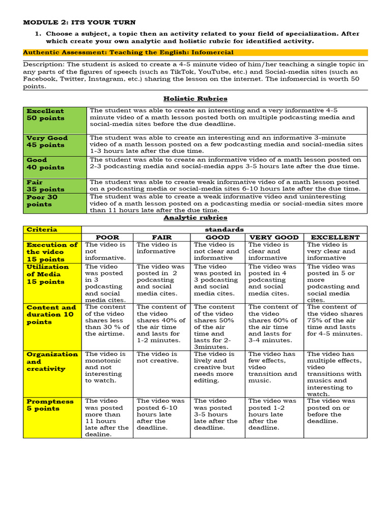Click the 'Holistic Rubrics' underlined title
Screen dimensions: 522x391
click(x=195, y=98)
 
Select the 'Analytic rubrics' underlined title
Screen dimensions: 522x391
click(x=195, y=218)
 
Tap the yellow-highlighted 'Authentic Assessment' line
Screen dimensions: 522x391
click(x=128, y=52)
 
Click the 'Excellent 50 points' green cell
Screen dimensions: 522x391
click(x=55, y=120)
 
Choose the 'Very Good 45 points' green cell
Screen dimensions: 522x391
click(x=55, y=145)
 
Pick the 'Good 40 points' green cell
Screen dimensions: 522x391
click(x=55, y=167)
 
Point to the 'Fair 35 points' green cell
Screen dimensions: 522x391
click(x=55, y=186)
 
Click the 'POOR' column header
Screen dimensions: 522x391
click(x=107, y=237)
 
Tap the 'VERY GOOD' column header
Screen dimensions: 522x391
click(x=274, y=237)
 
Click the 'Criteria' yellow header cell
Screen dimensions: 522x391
click(x=52, y=229)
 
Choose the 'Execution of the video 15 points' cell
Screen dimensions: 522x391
click(x=52, y=252)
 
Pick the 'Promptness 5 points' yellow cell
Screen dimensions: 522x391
click(x=52, y=417)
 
